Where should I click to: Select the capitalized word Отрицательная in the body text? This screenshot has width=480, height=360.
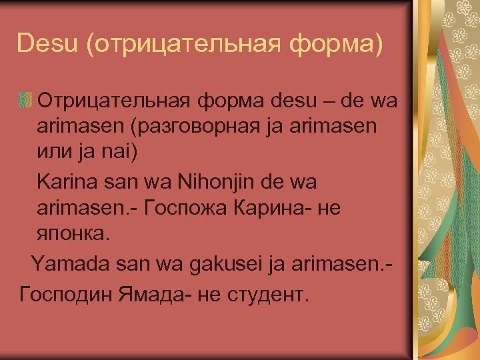[117, 102]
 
